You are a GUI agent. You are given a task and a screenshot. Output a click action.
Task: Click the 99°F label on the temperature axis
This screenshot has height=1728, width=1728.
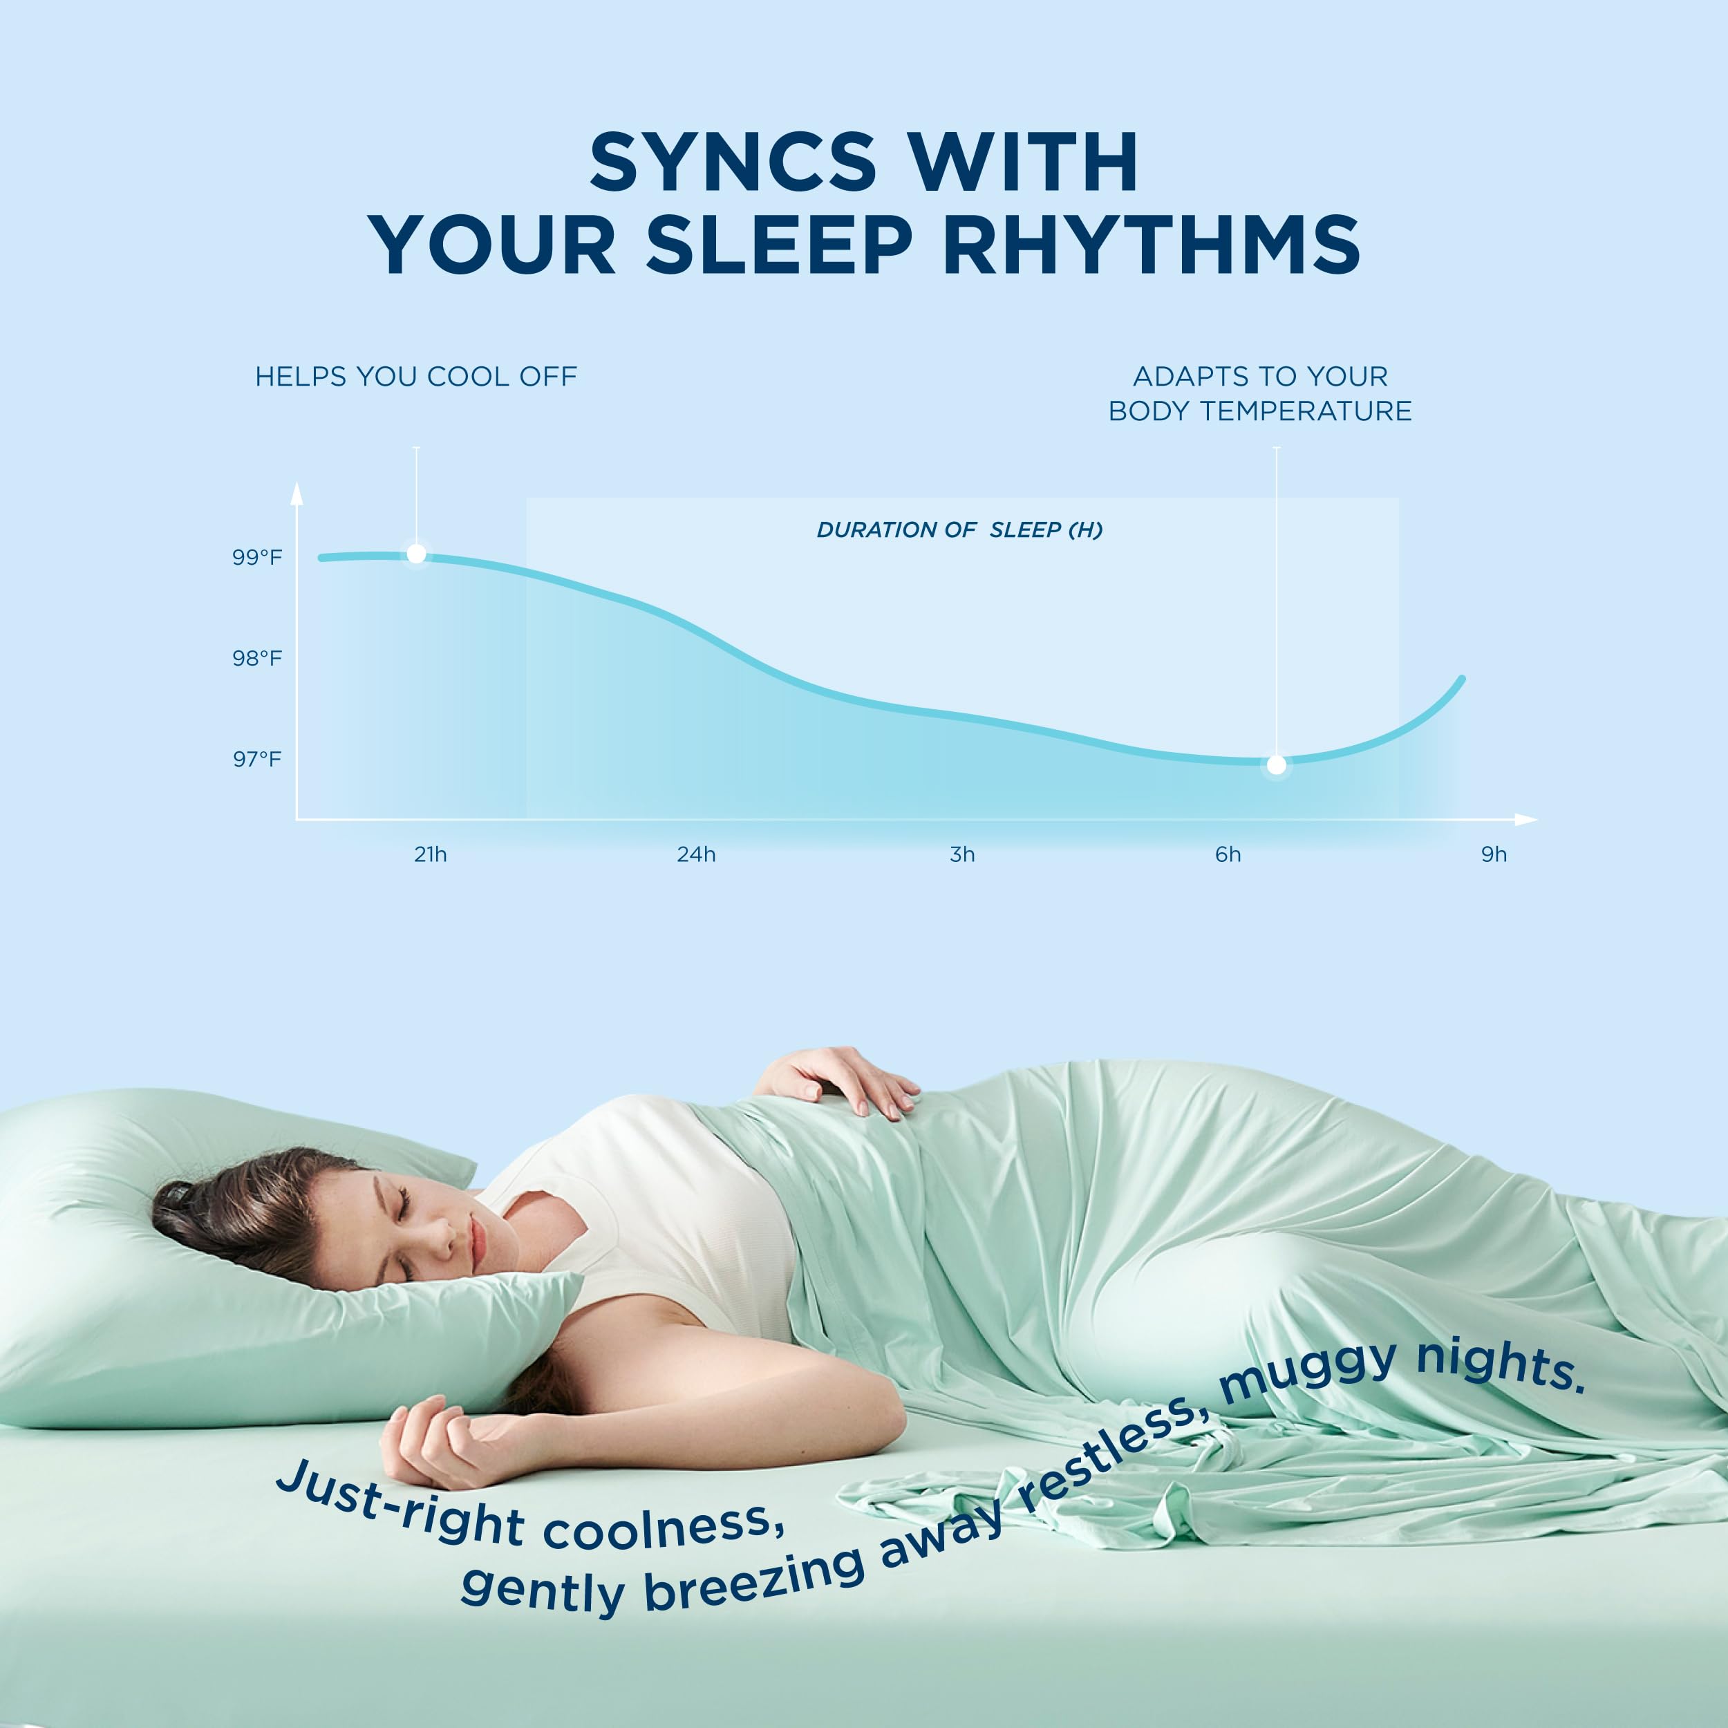point(258,557)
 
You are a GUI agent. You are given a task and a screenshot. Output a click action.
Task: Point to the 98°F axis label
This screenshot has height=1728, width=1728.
point(258,658)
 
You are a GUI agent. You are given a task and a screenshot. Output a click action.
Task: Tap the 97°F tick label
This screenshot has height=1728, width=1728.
point(258,760)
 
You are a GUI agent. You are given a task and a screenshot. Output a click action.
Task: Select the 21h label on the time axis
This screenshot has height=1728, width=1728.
point(430,854)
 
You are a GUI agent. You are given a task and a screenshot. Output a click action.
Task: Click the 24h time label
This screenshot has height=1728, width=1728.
point(696,854)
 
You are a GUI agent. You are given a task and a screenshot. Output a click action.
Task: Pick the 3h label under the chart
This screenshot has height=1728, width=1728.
point(962,854)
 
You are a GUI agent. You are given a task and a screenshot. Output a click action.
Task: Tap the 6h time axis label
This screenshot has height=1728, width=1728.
point(1228,854)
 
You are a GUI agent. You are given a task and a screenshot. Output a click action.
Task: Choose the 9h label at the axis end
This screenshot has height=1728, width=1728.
point(1494,854)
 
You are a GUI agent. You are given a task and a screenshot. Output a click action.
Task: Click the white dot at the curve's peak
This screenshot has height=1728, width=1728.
point(416,554)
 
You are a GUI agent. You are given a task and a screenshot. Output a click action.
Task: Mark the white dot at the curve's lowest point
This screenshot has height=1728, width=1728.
point(1277,764)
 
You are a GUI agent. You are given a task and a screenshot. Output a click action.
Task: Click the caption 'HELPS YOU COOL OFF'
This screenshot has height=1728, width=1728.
point(416,377)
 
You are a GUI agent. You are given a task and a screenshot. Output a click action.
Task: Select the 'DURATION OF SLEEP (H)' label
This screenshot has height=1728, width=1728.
point(959,529)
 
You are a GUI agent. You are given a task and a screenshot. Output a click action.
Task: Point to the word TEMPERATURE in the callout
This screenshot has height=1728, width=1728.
point(1306,411)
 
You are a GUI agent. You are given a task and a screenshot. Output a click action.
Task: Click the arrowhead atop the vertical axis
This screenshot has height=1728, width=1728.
point(297,493)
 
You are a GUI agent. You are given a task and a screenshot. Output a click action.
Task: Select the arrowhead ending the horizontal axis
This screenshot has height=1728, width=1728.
point(1526,819)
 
